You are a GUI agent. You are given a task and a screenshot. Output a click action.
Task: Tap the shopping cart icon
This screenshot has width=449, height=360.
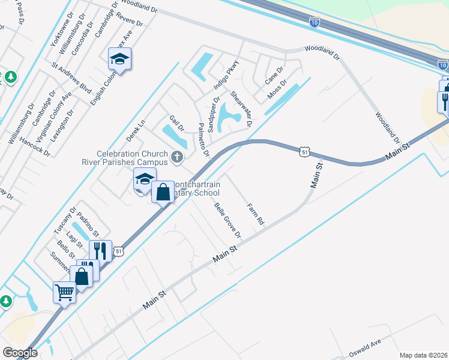coord(64,293)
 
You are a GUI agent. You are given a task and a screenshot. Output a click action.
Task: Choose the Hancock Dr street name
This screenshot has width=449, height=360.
coord(35,144)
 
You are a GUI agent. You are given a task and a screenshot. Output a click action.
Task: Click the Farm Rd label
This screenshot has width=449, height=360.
coord(256,214)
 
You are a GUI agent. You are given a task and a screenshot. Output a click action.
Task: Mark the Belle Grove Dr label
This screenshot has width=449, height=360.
coord(228,219)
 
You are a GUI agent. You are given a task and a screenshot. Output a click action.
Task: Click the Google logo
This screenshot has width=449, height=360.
coord(20,353)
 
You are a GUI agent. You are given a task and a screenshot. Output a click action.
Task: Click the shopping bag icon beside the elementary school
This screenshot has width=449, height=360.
coord(163,193)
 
